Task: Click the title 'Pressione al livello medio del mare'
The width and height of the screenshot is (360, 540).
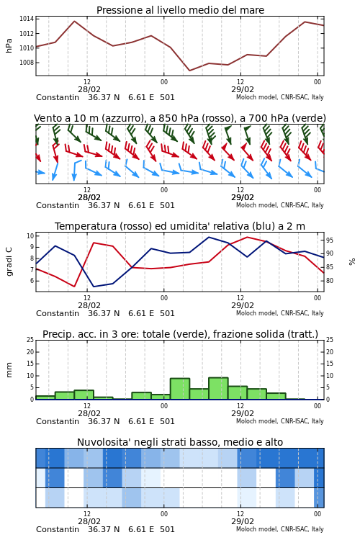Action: [x=180, y=10]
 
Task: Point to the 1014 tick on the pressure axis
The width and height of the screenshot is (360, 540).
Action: [x=27, y=19]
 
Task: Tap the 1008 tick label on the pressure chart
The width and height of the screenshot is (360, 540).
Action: [x=27, y=63]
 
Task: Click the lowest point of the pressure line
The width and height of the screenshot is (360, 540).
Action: [x=189, y=71]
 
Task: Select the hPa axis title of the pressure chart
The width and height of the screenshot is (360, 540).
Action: [x=9, y=45]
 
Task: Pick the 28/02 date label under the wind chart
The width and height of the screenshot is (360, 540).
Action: [x=89, y=197]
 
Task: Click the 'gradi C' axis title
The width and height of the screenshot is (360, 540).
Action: [x=9, y=262]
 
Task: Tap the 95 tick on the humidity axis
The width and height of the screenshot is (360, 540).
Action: [x=330, y=240]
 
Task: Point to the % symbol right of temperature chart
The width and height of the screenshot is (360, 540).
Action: [x=352, y=262]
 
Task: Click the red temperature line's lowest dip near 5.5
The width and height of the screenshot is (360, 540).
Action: [x=74, y=286]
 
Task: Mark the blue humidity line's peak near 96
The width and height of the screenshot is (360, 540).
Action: [x=209, y=237]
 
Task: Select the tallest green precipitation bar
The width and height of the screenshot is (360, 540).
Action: [x=218, y=389]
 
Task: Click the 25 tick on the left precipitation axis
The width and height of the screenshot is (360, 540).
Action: [x=30, y=340]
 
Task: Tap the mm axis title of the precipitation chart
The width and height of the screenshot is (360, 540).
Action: [x=9, y=369]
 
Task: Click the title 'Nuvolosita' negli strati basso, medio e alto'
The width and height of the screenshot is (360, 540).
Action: [x=180, y=442]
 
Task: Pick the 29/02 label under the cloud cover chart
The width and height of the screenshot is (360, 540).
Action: [x=242, y=521]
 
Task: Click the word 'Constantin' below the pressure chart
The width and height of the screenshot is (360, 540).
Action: [x=58, y=97]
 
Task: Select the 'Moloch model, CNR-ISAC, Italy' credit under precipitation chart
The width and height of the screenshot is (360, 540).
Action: [x=280, y=421]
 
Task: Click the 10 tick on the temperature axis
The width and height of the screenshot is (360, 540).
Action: [x=30, y=236]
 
